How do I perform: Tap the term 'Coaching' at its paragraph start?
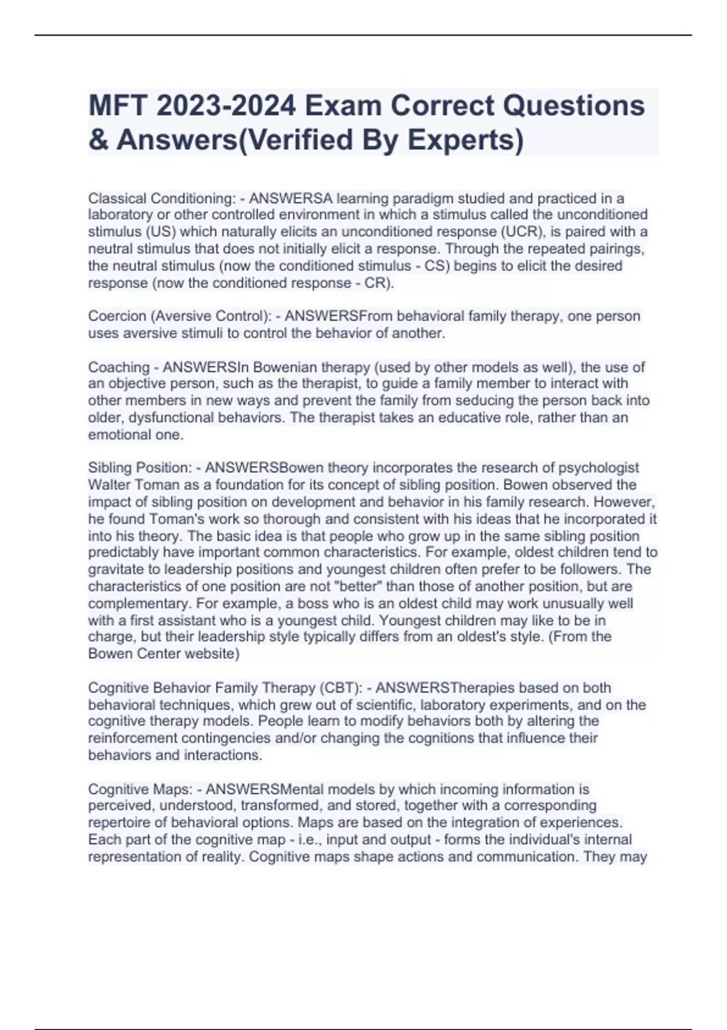[x=119, y=367]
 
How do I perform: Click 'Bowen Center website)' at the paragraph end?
[x=164, y=654]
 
